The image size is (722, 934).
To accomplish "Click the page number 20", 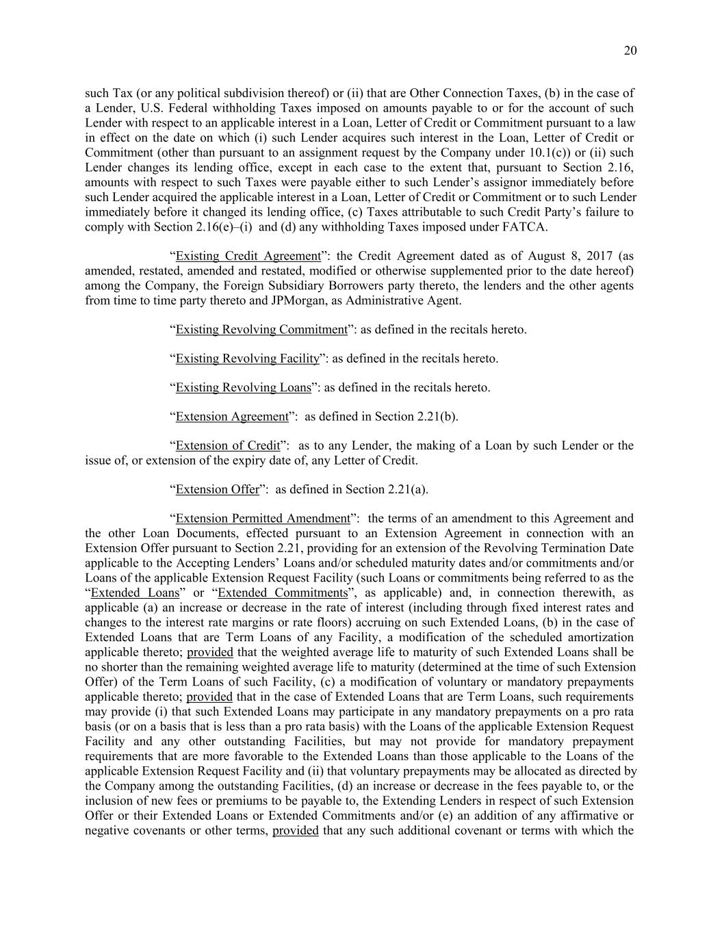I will pos(630,51).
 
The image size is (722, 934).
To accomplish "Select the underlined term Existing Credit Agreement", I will pos(248,256).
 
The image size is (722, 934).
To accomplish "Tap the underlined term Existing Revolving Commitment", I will pos(261,329).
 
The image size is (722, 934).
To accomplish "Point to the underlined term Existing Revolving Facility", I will pos(247,359).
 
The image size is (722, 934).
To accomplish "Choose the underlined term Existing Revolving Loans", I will pos(243,387).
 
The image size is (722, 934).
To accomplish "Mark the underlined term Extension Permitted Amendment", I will pos(263,518).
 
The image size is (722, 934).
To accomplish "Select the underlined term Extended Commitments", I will pos(283,593).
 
